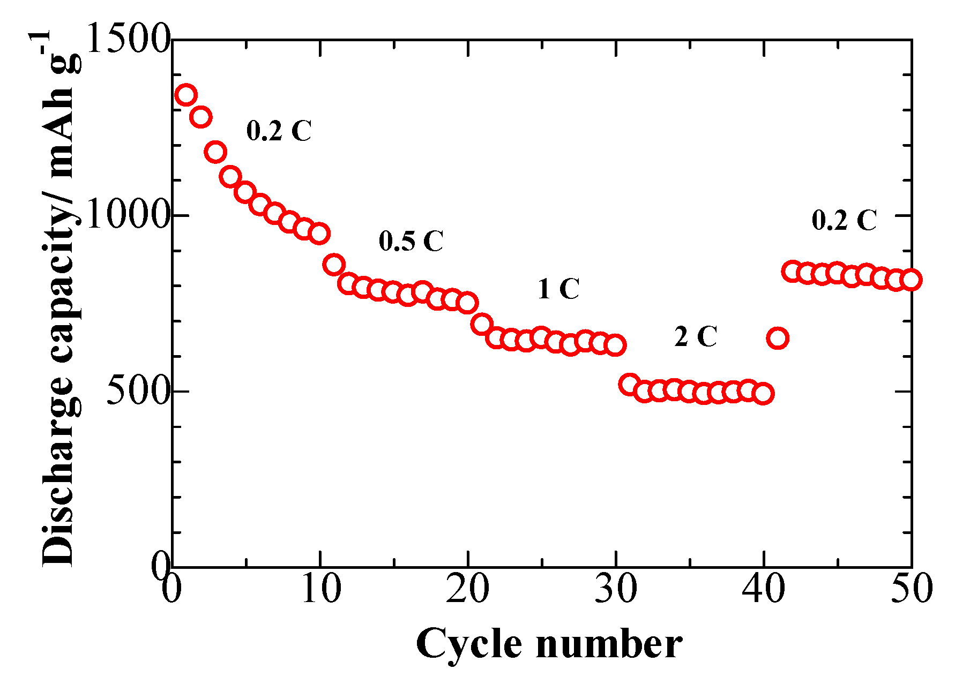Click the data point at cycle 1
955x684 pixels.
[186, 95]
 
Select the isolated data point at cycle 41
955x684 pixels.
[778, 339]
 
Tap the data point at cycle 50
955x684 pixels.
[911, 280]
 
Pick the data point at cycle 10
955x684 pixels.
[319, 234]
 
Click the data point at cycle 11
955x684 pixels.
[334, 265]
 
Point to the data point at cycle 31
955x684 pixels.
[630, 385]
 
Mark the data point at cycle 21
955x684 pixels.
[482, 324]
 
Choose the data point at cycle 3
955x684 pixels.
[215, 152]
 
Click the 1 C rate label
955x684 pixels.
[558, 289]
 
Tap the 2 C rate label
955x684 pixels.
[695, 337]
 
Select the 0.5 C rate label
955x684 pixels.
[411, 241]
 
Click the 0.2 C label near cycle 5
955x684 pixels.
[279, 131]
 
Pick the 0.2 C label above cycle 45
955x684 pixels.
[844, 220]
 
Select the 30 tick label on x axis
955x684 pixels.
[616, 588]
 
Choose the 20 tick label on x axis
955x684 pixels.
[468, 588]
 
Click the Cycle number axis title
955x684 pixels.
[549, 644]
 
